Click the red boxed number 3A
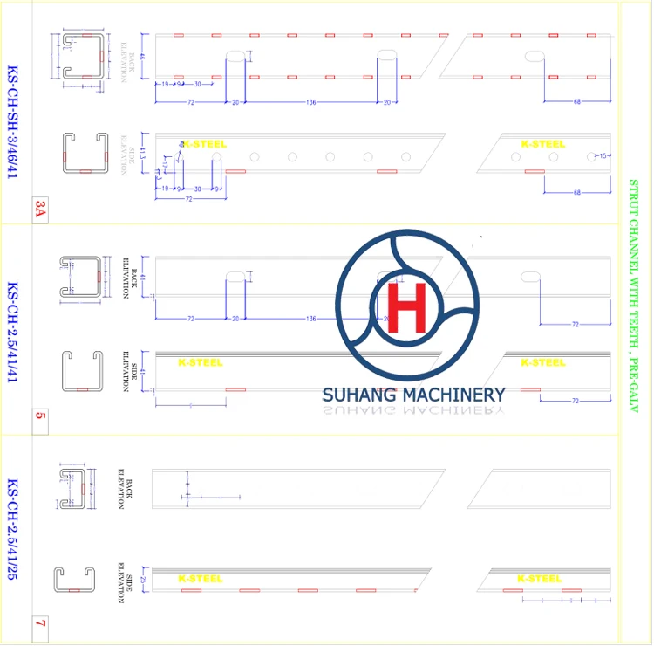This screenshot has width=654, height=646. (40, 209)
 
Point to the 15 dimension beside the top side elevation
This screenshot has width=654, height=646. (603, 156)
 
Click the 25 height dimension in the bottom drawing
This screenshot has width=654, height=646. (143, 579)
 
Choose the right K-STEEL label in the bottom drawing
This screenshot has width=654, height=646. (539, 579)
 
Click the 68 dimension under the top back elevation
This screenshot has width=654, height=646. (576, 103)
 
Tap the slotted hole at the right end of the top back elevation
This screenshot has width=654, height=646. (535, 57)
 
